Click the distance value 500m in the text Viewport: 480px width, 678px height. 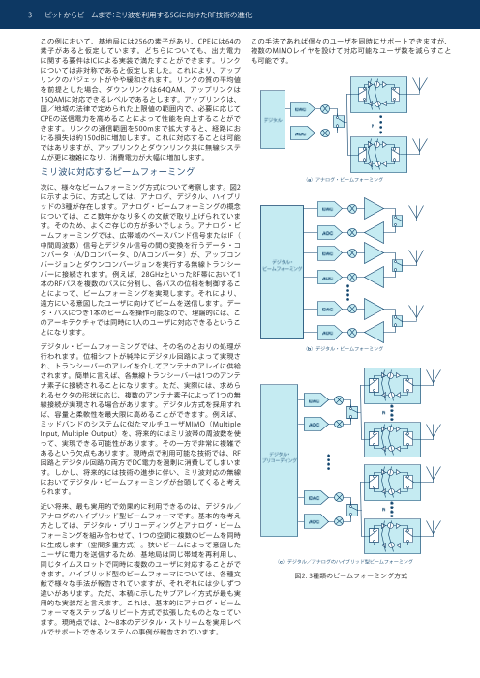pyautogui.click(x=148, y=114)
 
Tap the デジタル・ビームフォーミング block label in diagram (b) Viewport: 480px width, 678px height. pyautogui.click(x=283, y=266)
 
